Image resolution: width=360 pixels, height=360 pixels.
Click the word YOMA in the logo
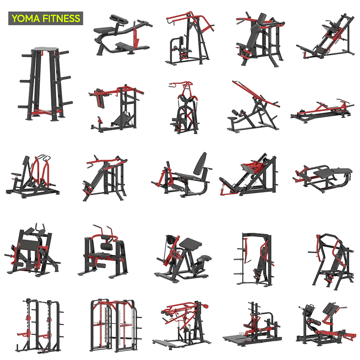pyautogui.click(x=26, y=18)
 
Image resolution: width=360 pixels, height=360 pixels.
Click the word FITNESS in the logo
pyautogui.click(x=61, y=18)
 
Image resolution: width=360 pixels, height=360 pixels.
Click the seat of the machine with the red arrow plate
pyautogui.click(x=104, y=30)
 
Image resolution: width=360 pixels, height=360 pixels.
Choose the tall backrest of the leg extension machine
pyautogui.click(x=200, y=164)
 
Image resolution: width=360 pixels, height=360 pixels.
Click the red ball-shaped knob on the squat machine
pyautogui.click(x=206, y=306)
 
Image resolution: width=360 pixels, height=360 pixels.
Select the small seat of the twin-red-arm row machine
pyautogui.click(x=16, y=175)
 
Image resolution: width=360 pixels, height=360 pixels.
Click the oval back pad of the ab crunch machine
pyautogui.click(x=106, y=247)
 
